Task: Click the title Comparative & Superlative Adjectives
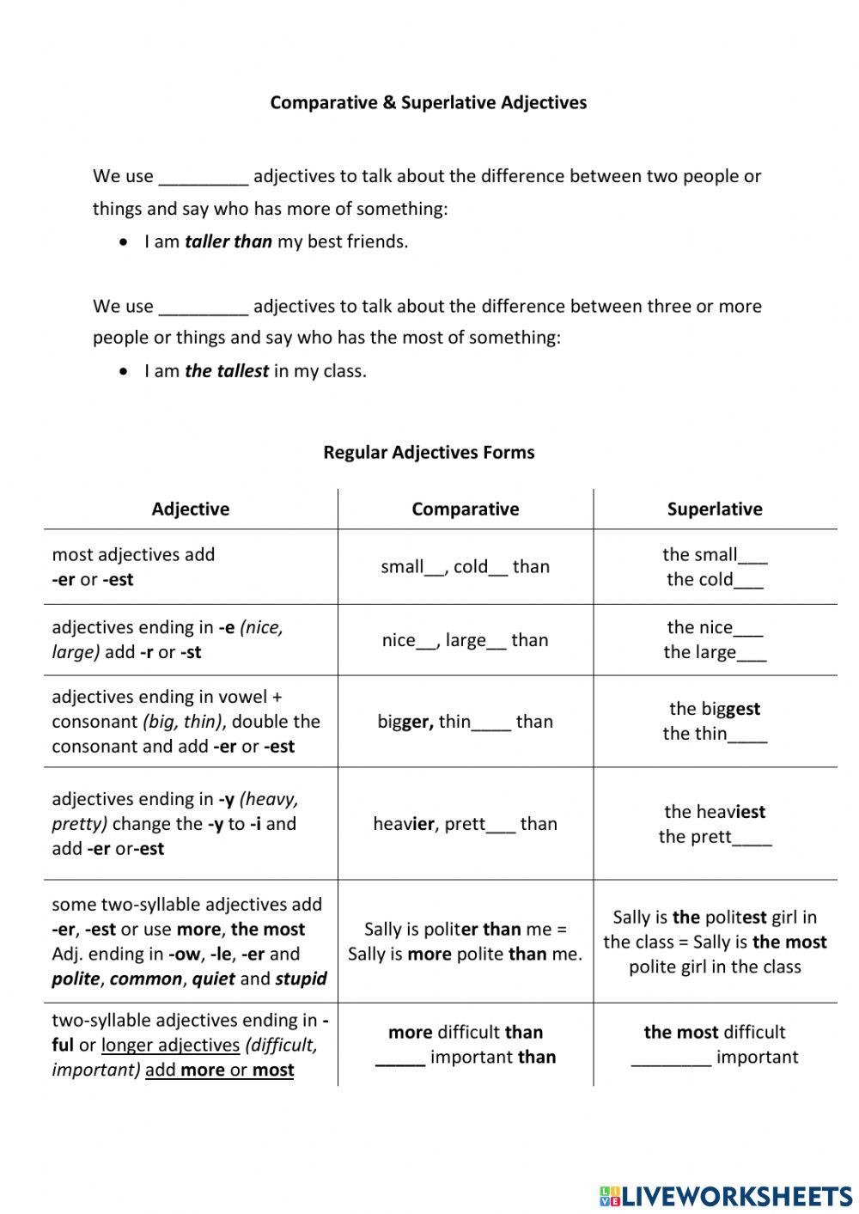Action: (x=428, y=102)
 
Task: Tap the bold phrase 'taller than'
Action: (x=228, y=241)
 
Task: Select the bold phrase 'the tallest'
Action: (x=226, y=371)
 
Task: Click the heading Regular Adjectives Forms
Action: (x=429, y=452)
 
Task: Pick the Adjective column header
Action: (x=190, y=509)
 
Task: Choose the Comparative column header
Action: (x=465, y=509)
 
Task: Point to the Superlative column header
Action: (x=714, y=509)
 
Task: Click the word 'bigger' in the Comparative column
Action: (x=404, y=722)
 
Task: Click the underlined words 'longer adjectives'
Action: (x=170, y=1046)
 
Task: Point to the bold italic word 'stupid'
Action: (x=301, y=979)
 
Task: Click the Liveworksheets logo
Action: (x=726, y=1196)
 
